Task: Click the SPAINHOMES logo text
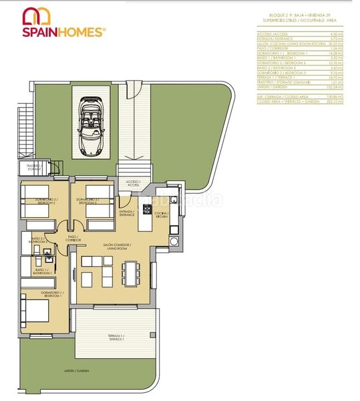tap(63, 31)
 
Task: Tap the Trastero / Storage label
tap(33, 167)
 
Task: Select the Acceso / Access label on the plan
tap(132, 182)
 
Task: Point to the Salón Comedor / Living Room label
tap(117, 247)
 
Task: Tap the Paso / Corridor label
tap(73, 238)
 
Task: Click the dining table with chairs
tap(130, 271)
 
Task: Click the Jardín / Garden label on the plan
tap(77, 370)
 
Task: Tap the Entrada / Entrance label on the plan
tap(127, 213)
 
